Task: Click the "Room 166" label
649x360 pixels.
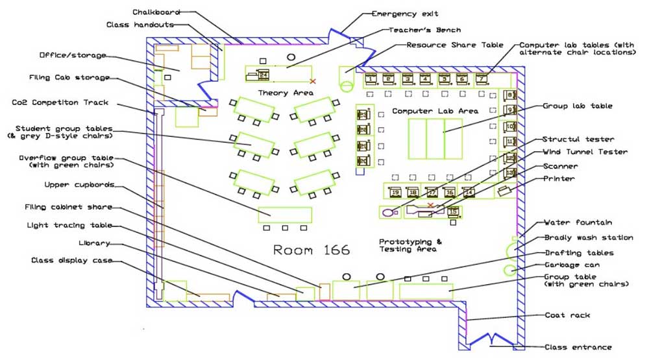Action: point(311,250)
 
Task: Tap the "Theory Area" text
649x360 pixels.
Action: point(286,93)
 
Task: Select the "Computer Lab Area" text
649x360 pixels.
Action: point(435,112)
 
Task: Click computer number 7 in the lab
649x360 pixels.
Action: point(481,80)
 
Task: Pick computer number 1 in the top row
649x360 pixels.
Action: point(371,80)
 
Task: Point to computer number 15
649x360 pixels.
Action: point(453,211)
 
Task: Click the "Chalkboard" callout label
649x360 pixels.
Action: point(156,12)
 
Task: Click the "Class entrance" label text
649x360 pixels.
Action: point(578,347)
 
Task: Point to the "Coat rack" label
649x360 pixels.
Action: point(568,315)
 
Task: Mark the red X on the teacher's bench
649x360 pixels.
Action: point(313,81)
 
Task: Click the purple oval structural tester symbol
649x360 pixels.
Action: point(388,211)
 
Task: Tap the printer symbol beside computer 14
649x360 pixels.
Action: point(504,191)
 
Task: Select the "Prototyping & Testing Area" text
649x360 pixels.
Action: point(410,245)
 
